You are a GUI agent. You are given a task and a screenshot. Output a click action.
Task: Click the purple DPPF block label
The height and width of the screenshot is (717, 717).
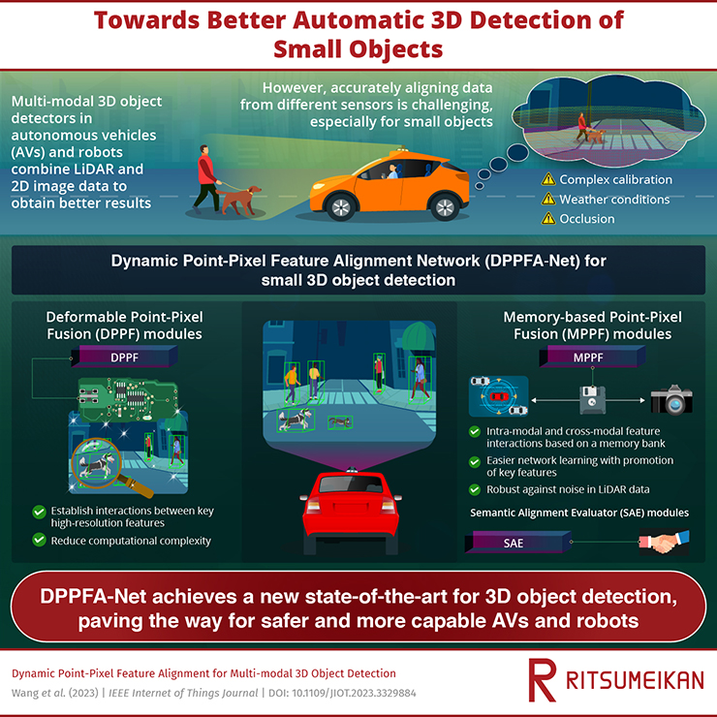[124, 357]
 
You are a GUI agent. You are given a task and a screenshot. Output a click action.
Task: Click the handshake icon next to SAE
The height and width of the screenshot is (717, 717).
[664, 542]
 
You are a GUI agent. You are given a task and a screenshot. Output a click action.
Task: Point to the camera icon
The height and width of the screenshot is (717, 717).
[671, 399]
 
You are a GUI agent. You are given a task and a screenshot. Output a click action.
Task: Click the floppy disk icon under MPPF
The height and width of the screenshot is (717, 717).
[592, 400]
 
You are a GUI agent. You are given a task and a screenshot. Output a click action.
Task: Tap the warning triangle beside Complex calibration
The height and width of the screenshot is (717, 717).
[547, 179]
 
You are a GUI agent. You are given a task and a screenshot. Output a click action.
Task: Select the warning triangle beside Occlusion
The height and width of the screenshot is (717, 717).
[547, 219]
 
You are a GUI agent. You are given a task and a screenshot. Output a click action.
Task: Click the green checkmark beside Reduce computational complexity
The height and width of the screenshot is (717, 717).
[40, 540]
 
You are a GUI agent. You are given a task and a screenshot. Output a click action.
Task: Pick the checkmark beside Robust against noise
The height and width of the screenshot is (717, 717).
[475, 489]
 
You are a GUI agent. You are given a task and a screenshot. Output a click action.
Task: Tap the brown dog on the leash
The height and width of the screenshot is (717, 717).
[239, 200]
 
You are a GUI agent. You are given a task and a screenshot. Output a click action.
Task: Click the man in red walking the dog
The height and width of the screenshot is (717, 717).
[206, 179]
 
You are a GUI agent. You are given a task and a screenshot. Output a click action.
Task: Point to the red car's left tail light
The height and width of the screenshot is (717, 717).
[314, 506]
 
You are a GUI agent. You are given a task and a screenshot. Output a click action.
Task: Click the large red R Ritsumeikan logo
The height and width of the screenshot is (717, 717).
[542, 680]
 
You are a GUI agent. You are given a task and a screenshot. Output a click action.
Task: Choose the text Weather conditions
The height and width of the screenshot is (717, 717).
[614, 200]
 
